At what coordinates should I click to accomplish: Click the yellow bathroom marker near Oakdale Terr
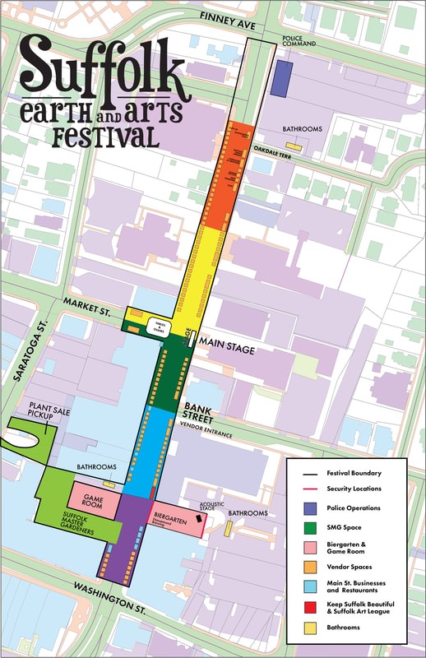293,147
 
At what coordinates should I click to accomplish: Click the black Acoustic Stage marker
198,519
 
